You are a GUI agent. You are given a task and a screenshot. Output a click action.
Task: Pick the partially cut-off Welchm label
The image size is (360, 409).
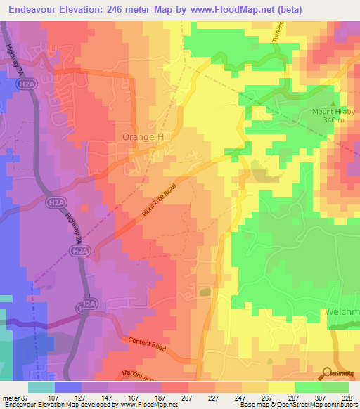pos(342,313)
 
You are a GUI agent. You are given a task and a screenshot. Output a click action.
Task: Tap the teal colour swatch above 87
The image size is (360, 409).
pos(41,387)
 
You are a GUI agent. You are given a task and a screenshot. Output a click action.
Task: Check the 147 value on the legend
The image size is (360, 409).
pos(108,398)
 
